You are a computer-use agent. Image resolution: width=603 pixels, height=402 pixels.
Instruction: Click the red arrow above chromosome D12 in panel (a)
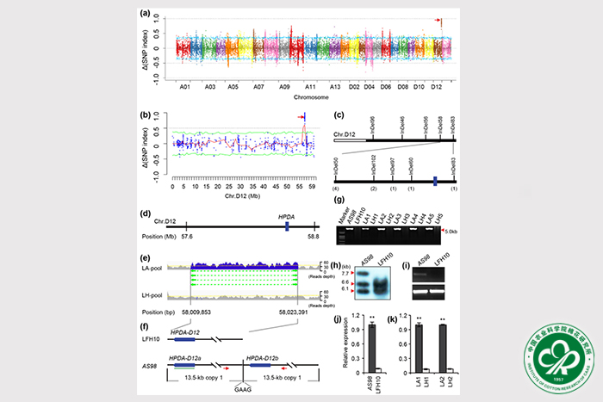(x=438, y=20)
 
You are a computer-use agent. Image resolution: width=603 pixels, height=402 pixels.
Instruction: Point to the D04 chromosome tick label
(x=369, y=87)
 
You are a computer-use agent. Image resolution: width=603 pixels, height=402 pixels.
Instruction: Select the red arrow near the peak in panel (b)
(x=301, y=118)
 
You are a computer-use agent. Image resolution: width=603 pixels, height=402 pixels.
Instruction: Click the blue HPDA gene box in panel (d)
(x=286, y=226)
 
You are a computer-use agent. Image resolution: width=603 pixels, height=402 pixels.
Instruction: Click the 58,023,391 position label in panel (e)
(x=295, y=311)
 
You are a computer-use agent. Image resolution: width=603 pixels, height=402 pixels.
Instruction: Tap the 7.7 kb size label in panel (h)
(x=340, y=272)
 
